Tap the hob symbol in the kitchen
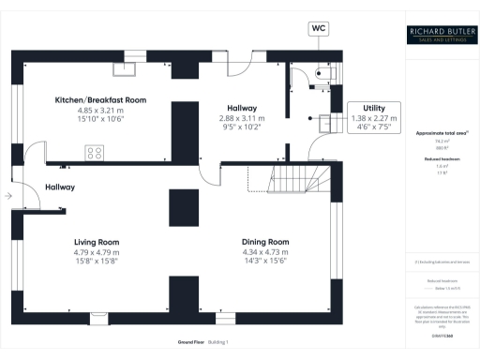click(x=95, y=151)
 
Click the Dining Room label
click(x=265, y=241)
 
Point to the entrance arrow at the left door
click(x=7, y=196)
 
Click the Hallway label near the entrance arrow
click(x=60, y=187)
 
